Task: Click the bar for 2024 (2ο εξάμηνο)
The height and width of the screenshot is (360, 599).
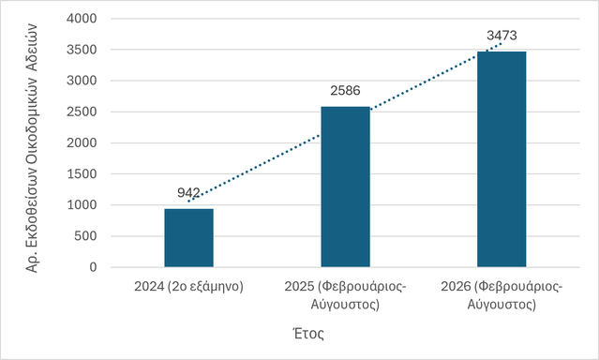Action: [x=188, y=238]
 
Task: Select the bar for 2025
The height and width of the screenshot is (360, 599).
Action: [x=345, y=187]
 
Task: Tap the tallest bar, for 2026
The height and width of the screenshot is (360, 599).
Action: [x=502, y=159]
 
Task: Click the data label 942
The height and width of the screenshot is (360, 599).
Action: [x=188, y=192]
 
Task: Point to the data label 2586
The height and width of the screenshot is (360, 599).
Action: [x=345, y=91]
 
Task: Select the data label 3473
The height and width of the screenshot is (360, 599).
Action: [x=502, y=36]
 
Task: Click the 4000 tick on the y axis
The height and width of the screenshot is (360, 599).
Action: [x=82, y=19]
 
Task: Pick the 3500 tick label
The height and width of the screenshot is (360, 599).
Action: [x=82, y=50]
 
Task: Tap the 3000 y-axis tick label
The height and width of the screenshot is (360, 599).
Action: [x=82, y=81]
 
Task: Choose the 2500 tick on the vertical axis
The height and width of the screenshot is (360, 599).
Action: [x=82, y=112]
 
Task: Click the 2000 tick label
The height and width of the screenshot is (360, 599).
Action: [x=82, y=142]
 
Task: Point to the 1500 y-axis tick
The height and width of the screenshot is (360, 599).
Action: [x=82, y=173]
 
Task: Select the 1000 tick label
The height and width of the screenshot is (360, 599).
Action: [x=82, y=204]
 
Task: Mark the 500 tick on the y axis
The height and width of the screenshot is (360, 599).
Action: [x=85, y=236]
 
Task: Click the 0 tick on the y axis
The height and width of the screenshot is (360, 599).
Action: [x=93, y=267]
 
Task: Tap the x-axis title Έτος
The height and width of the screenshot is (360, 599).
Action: [x=308, y=334]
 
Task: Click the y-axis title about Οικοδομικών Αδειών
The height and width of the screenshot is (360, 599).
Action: [x=32, y=148]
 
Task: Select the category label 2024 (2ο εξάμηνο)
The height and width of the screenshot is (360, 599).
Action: [x=188, y=287]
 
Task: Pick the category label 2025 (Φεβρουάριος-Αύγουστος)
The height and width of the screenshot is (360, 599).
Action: [x=345, y=295]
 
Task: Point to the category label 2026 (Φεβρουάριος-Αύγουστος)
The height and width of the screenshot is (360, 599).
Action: [x=502, y=295]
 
